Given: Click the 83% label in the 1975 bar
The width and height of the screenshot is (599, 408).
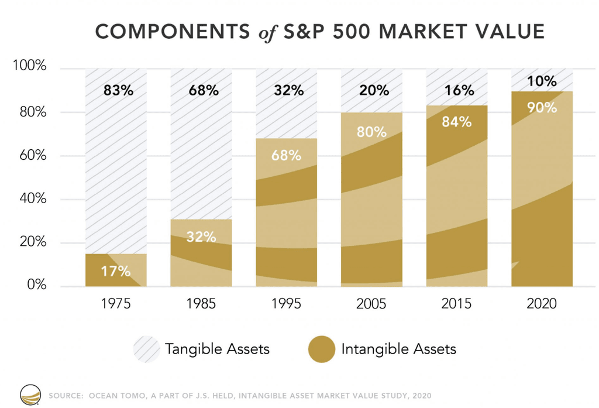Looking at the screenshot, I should [x=118, y=91].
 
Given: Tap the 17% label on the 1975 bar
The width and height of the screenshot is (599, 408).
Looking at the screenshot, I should [x=116, y=271].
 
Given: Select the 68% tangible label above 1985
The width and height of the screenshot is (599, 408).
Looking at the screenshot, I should [x=203, y=91].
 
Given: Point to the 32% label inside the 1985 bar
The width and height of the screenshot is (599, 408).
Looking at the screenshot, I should [x=201, y=237].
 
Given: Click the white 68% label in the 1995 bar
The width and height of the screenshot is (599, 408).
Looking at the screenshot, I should [x=287, y=156].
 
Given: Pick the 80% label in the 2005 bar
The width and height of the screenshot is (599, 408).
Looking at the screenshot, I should [x=372, y=132].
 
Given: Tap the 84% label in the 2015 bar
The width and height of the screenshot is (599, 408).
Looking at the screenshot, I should [x=457, y=122].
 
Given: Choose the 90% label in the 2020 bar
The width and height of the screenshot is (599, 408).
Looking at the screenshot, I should [x=542, y=108].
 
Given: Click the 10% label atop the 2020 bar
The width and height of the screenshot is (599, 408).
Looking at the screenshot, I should [x=542, y=81].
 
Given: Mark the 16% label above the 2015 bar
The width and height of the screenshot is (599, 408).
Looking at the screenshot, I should [x=459, y=91].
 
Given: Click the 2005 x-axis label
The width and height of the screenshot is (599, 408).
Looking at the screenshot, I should [x=371, y=304].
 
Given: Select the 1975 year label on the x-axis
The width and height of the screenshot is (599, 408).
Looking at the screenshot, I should [x=116, y=304].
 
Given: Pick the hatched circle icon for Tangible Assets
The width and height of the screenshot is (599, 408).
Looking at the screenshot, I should [x=146, y=349].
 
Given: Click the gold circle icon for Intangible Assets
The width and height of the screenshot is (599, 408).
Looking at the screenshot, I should [x=321, y=349].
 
